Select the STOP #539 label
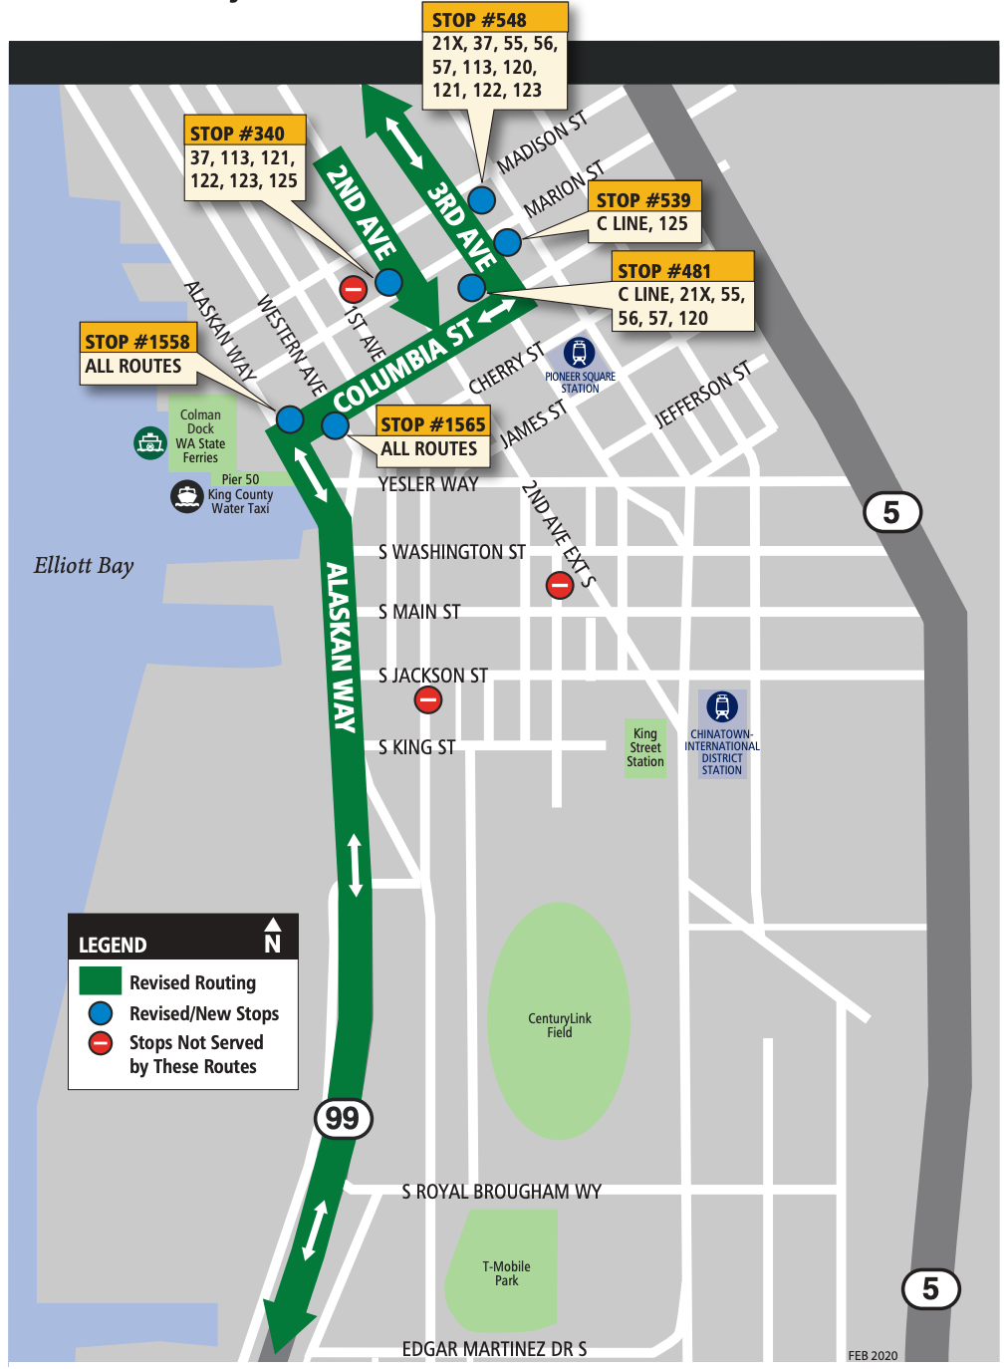click(x=644, y=199)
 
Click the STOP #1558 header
click(x=137, y=341)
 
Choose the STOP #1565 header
click(x=432, y=423)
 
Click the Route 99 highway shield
click(x=344, y=1118)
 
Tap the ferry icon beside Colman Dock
click(x=150, y=441)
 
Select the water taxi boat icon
click(x=187, y=495)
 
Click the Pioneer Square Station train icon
click(x=580, y=353)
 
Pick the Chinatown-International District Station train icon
click(x=722, y=706)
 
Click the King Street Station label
click(x=645, y=747)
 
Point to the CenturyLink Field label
click(x=559, y=1025)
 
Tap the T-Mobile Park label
click(x=506, y=1273)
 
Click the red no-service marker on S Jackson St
click(x=428, y=700)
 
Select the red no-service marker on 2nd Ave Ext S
click(x=560, y=586)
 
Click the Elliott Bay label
click(x=84, y=566)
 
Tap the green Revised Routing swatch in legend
click(x=101, y=981)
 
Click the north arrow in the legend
click(x=273, y=936)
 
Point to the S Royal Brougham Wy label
click(x=501, y=1192)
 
